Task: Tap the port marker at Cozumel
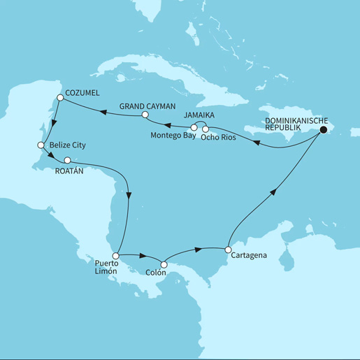pos(61,99)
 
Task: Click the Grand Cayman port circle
pos(145,115)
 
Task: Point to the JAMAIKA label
pos(203,114)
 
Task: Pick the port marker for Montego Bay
pos(194,129)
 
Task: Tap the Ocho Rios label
pos(217,137)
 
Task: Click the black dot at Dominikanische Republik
pos(324,129)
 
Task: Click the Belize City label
pos(70,145)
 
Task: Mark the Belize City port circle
pos(41,145)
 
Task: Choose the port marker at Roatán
pos(67,161)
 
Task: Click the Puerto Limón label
pos(108,270)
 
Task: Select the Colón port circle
pos(164,265)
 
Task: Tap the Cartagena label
pos(248,257)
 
